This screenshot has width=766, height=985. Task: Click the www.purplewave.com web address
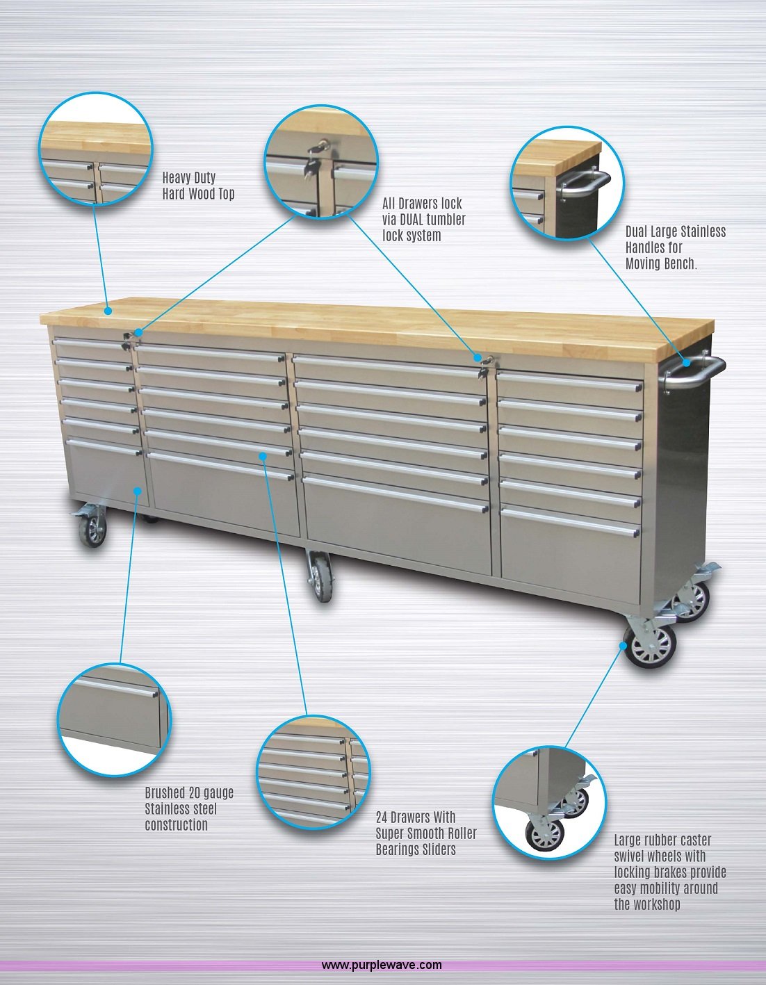tap(382, 965)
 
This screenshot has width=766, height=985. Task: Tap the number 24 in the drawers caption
tap(382, 817)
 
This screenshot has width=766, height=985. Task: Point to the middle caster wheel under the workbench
tap(321, 577)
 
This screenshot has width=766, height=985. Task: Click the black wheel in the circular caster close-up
tap(545, 834)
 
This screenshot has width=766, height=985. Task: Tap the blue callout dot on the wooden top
tap(108, 311)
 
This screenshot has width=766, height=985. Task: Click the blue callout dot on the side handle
tap(687, 363)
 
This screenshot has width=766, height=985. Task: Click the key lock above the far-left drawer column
tap(127, 339)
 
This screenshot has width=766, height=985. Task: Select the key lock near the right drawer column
tap(484, 367)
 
